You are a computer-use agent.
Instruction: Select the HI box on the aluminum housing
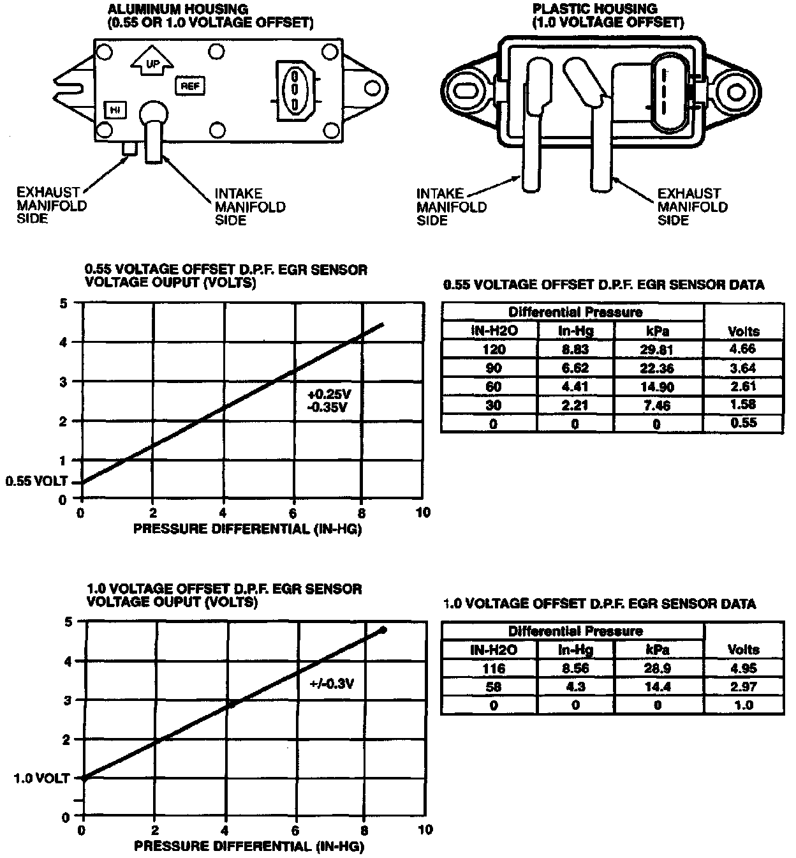coord(115,110)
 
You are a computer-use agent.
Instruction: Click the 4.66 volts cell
coord(743,349)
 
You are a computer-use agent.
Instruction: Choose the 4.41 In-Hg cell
coord(575,386)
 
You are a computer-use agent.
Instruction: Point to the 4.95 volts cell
coord(743,668)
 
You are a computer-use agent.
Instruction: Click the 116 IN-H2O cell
coord(494,668)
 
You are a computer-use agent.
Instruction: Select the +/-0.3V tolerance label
coord(332,684)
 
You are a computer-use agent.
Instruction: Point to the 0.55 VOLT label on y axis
coord(36,481)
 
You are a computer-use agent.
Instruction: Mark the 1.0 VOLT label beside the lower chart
coord(40,778)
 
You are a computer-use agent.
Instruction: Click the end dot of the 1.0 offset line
coord(383,630)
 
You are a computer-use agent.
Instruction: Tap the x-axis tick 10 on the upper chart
coord(423,513)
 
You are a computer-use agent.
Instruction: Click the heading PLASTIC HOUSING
coord(595,9)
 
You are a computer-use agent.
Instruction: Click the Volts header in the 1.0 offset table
coord(743,649)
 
